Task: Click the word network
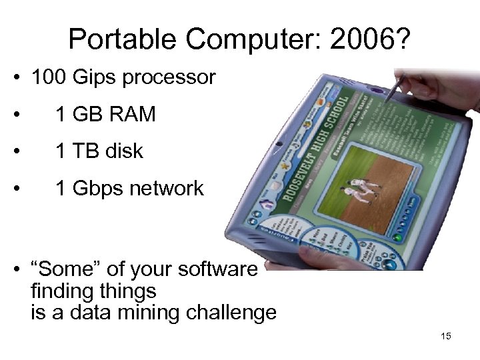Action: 163,189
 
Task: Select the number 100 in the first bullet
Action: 49,78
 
